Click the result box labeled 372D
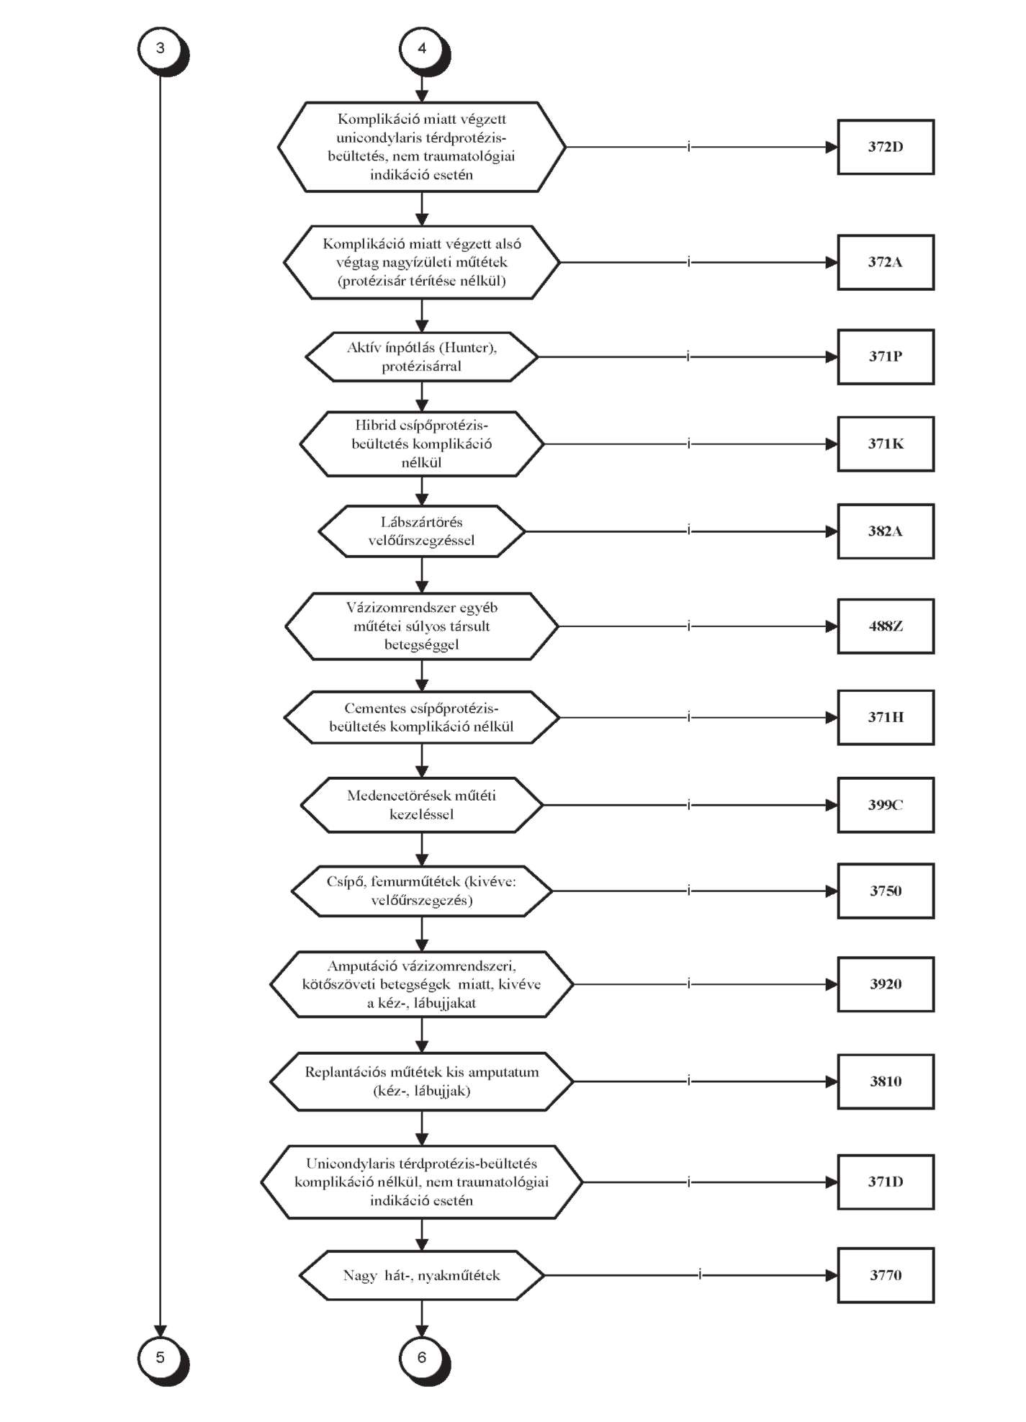tap(886, 147)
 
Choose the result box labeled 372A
tap(886, 262)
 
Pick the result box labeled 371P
tap(886, 356)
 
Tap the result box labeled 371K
tap(886, 444)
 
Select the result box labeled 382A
tap(886, 531)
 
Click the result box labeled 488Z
tap(886, 626)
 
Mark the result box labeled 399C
tap(886, 805)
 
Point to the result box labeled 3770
tap(886, 1275)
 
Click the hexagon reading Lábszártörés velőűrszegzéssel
tap(422, 531)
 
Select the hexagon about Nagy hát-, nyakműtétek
tap(422, 1275)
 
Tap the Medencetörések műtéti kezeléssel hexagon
tap(422, 805)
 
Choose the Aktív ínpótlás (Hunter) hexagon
tap(422, 356)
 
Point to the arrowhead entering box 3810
tap(831, 1081)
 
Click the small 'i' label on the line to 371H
tap(689, 717)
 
